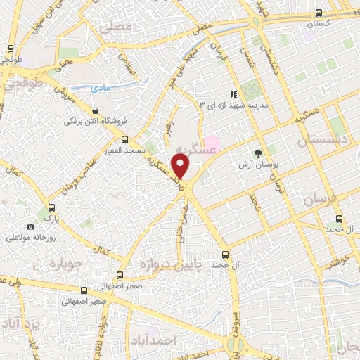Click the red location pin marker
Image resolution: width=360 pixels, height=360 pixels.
(181, 166)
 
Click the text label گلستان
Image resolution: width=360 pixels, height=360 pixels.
(319, 23)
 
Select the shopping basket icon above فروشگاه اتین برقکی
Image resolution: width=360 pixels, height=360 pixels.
(95, 110)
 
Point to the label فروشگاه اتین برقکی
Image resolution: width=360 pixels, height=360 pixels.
(94, 122)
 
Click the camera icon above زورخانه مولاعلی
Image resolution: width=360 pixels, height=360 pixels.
(30, 226)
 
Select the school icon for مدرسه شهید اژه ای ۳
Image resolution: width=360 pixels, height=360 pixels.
(233, 94)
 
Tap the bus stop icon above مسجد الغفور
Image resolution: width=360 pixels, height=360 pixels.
(124, 139)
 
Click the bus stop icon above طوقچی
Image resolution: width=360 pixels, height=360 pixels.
(11, 49)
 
